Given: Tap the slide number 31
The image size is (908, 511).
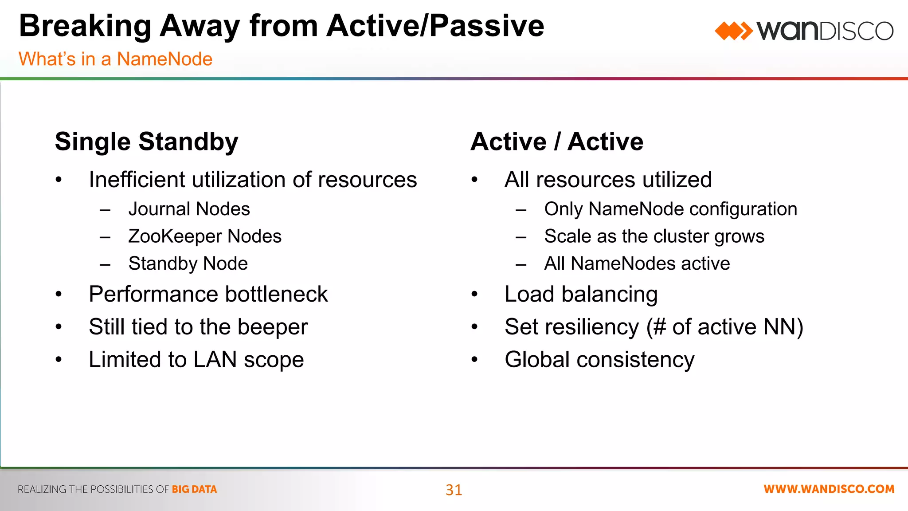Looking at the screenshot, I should point(454,490).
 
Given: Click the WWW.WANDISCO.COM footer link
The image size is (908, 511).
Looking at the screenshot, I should point(829,489).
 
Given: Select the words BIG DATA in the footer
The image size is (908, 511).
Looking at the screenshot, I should point(194,489).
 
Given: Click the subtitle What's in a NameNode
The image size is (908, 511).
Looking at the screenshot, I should point(115,59).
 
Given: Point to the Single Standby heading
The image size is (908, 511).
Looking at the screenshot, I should point(146,142).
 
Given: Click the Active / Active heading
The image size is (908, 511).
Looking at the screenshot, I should point(557,142).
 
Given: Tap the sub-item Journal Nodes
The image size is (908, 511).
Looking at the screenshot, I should point(189,209).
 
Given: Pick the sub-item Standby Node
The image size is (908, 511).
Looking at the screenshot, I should point(188,263).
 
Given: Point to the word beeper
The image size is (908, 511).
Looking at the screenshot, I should point(272,327).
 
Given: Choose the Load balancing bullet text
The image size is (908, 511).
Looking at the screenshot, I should point(581,294).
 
